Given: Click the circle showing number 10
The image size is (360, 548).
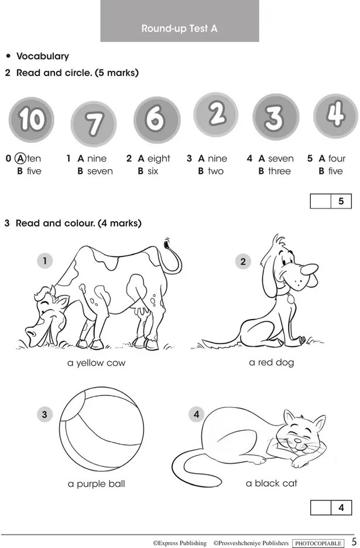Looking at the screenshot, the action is [32, 119].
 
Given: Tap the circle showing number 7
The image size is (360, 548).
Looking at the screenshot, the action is [93, 124].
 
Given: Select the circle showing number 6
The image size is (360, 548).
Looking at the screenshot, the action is [157, 119].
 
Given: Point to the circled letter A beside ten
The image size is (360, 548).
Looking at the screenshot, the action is [20, 159].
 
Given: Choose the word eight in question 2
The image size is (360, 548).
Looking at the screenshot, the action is [159, 159].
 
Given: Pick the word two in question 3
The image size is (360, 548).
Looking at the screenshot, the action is [215, 171].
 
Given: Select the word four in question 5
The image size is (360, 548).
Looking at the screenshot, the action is [337, 159].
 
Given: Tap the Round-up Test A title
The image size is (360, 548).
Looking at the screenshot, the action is [179, 28].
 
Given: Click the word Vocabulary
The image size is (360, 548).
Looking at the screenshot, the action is [43, 56].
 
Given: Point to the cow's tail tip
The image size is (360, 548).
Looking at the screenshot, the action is [166, 243].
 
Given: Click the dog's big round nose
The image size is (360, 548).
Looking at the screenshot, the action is [309, 269].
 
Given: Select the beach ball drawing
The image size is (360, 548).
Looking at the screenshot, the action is [101, 429].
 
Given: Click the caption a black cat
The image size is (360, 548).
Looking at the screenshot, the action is [272, 484].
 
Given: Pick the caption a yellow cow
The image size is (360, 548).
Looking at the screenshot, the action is [96, 363].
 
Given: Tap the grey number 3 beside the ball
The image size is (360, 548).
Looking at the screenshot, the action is [44, 415].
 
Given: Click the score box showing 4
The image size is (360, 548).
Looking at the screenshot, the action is [331, 508].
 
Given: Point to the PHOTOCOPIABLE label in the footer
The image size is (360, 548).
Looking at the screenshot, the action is [318, 543].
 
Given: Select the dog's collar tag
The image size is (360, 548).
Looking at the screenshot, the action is [290, 298].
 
